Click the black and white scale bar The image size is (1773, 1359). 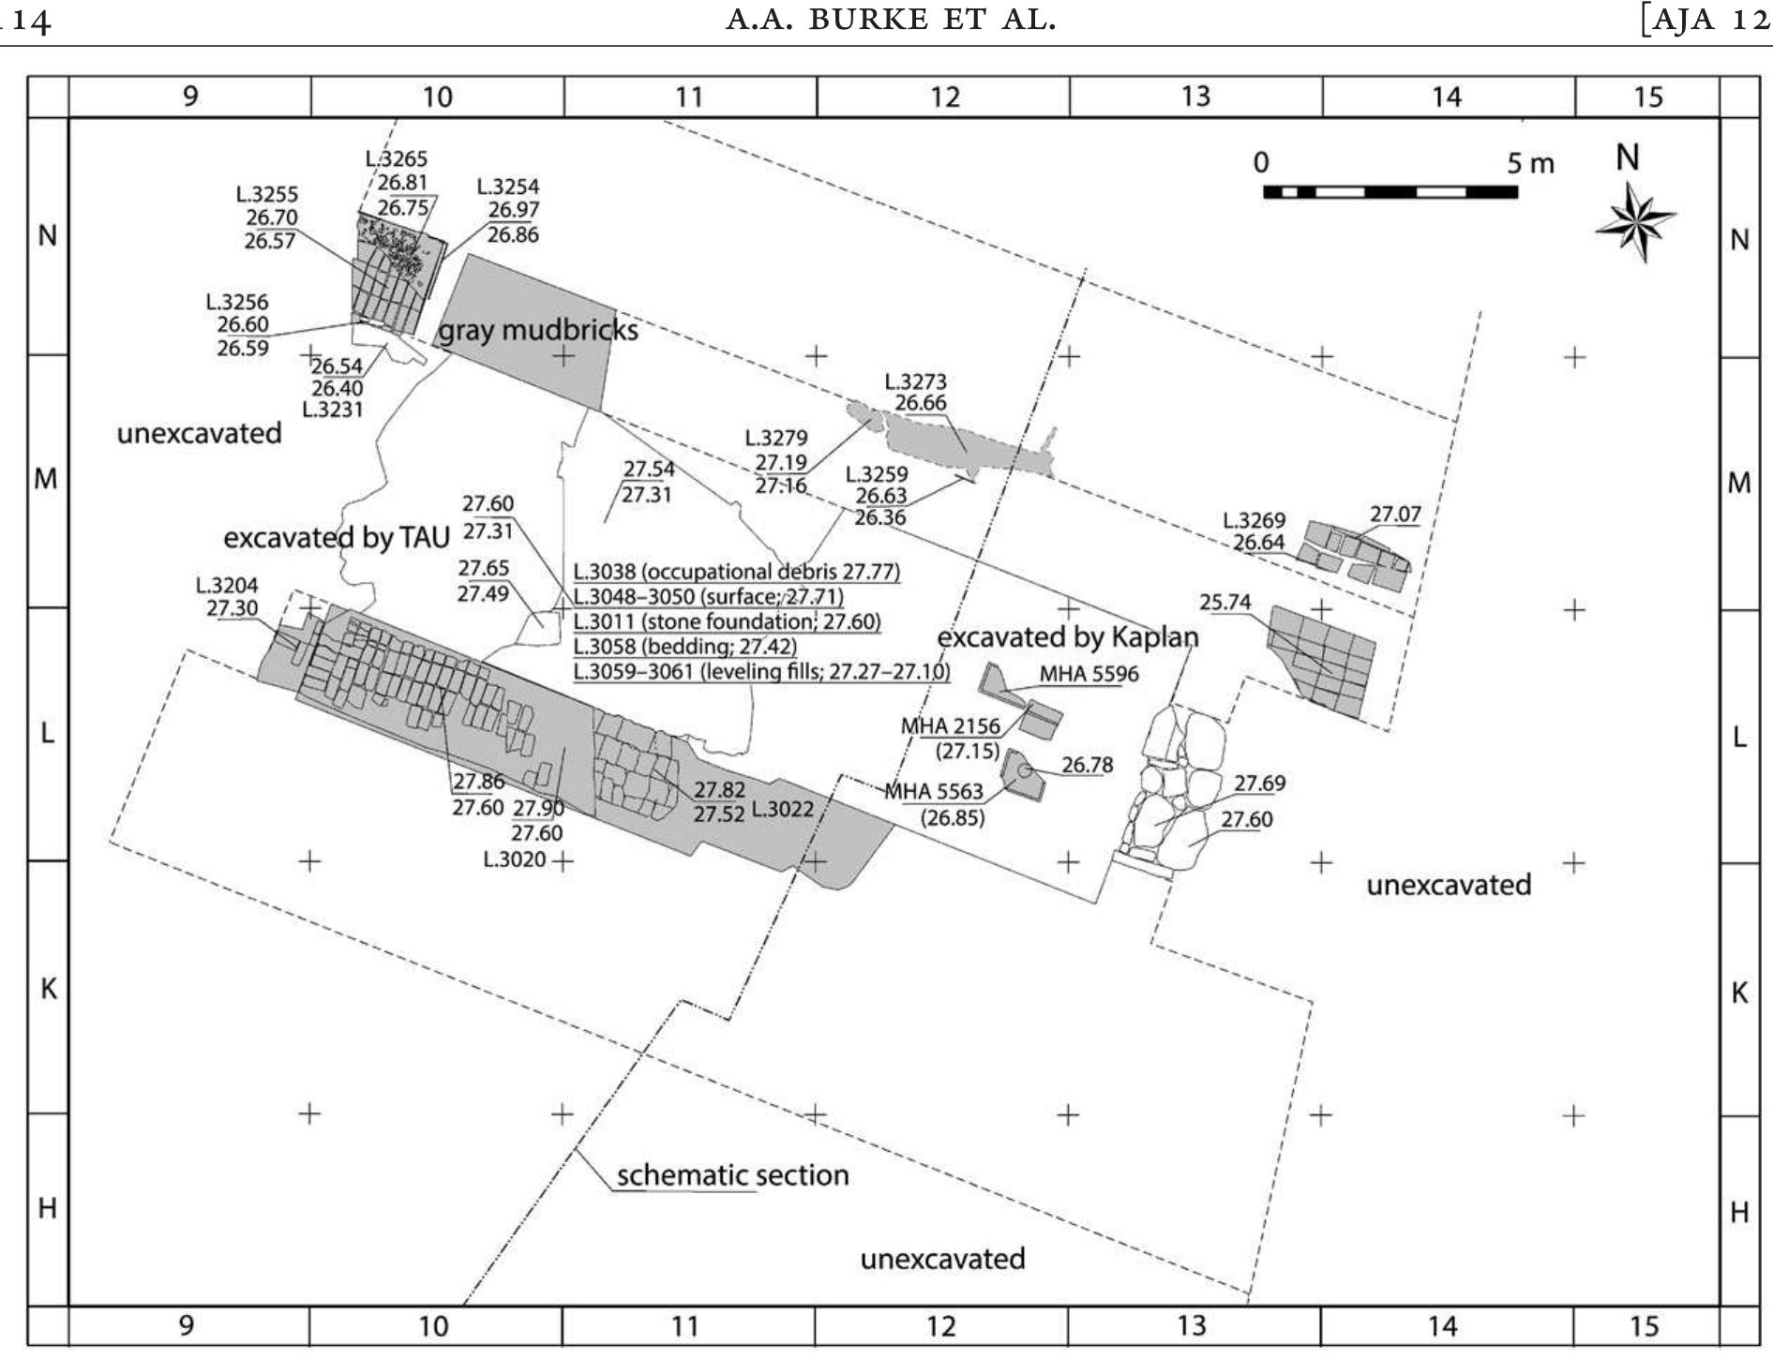(1390, 192)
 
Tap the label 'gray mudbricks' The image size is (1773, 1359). (538, 331)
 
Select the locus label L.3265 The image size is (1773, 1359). (396, 159)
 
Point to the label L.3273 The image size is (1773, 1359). (915, 381)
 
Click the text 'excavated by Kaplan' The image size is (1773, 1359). (1067, 637)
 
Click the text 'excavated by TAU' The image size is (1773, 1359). (337, 538)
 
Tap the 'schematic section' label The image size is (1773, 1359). (731, 1174)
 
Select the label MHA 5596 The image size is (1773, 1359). (1088, 674)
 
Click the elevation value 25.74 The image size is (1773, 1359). (1225, 602)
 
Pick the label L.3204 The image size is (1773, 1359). (227, 585)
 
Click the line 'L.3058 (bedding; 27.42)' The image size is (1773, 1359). (684, 647)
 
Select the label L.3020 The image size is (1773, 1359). (514, 859)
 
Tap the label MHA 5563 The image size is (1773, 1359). (934, 793)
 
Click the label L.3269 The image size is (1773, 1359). (1254, 520)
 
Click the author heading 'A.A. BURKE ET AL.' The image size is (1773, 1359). (891, 20)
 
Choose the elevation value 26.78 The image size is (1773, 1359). (1087, 766)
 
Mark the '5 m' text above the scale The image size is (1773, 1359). (1529, 164)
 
